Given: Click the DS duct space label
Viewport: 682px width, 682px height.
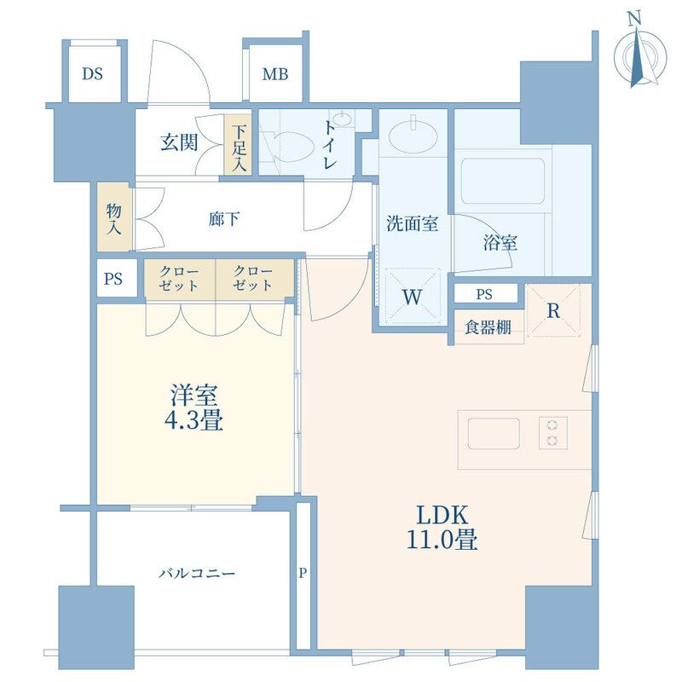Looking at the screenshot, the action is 93,74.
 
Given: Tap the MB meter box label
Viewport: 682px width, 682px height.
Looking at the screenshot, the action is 275,74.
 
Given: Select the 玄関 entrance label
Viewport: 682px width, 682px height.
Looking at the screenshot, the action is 179,142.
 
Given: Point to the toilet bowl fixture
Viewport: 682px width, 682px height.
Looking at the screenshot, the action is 290,147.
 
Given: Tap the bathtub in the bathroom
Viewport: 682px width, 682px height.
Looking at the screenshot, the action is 503,181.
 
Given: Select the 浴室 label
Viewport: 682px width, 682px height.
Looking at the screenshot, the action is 500,243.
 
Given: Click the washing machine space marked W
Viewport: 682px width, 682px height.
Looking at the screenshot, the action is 413,297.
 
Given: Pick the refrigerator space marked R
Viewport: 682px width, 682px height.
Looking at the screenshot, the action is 553,310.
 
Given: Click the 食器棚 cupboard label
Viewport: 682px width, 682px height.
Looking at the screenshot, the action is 488,327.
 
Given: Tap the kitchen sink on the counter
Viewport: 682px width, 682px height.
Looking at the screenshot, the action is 494,433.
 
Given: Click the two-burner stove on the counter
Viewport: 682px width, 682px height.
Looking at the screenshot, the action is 553,433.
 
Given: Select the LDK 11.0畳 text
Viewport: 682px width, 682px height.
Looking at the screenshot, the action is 442,528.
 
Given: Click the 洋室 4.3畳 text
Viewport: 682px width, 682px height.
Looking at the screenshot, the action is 194,407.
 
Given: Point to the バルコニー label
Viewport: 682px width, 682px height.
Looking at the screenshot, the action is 197,574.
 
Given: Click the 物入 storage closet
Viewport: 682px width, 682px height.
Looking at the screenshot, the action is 114,217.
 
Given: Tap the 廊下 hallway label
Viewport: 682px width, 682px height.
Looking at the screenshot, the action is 223,219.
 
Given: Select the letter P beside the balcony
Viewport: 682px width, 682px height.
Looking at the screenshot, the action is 303,573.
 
